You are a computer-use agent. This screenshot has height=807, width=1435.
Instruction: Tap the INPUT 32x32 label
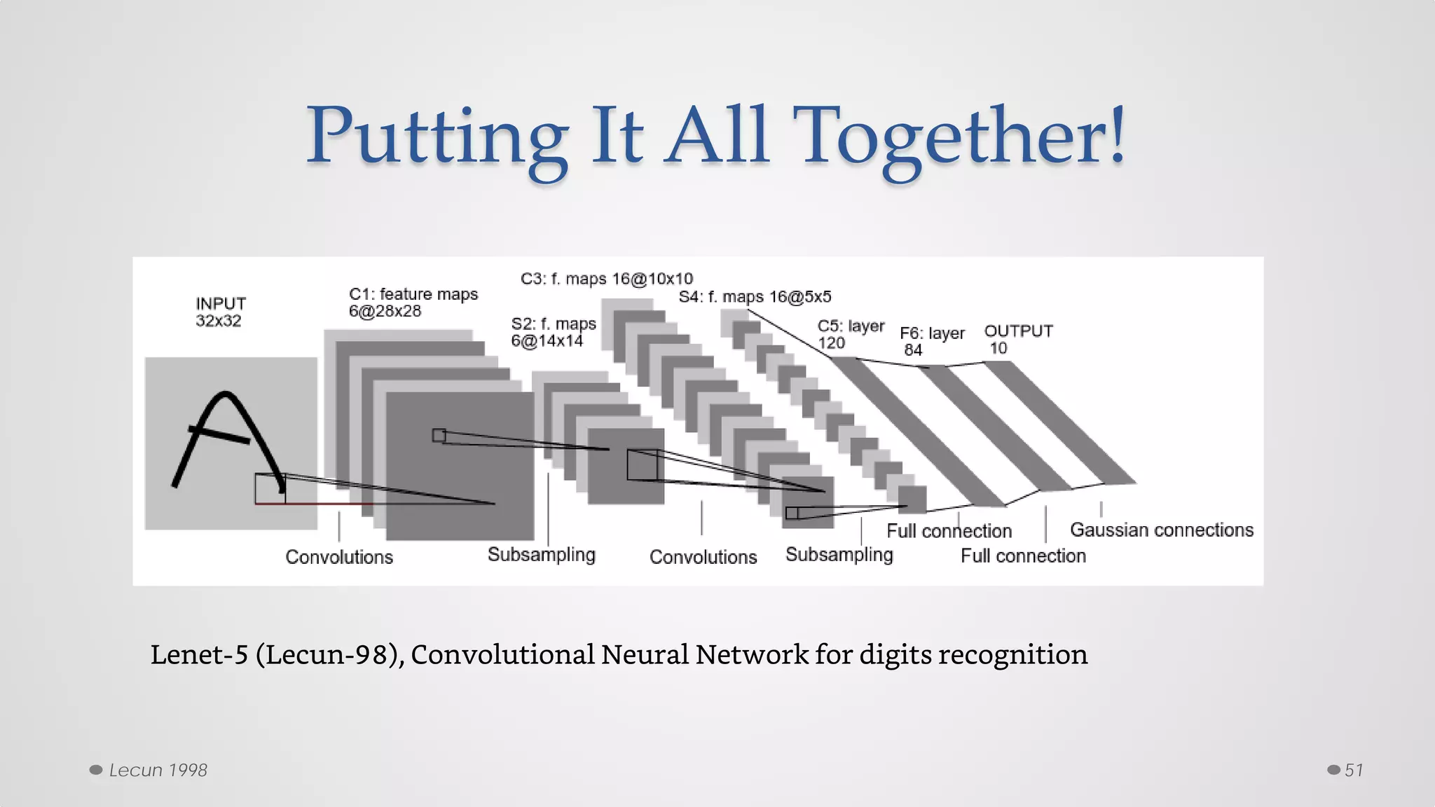point(220,312)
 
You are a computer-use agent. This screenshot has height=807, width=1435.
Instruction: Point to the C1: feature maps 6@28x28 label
point(413,302)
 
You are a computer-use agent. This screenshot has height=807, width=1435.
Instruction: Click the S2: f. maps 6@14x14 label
point(553,332)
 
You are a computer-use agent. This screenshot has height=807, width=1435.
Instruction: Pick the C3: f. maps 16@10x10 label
point(606,279)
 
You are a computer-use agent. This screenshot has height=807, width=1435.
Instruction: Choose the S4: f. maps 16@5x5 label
point(755,297)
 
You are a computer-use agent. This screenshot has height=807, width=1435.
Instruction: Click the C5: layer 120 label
point(850,334)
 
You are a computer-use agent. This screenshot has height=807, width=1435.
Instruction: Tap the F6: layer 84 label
point(931,340)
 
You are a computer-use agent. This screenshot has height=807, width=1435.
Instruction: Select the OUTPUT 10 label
point(1017,339)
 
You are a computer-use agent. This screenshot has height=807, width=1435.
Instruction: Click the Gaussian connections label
point(1161,530)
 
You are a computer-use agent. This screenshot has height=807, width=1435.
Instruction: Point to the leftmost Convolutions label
point(339,557)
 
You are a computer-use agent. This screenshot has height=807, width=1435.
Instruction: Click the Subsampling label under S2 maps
point(541,555)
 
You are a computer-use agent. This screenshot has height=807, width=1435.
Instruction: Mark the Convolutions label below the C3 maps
point(703,557)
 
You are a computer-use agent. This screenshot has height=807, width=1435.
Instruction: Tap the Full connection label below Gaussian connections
point(1022,556)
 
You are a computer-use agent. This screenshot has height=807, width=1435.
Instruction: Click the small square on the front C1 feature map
point(439,435)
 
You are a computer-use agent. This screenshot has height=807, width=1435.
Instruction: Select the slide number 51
point(1353,770)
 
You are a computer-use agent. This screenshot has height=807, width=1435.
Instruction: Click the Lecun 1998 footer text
point(158,770)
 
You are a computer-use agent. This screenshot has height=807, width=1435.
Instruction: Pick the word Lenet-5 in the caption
point(199,654)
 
